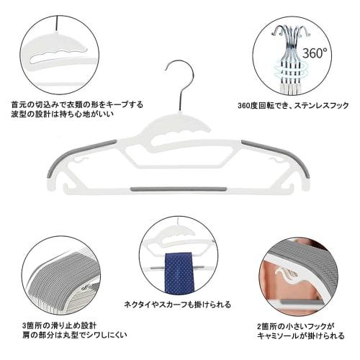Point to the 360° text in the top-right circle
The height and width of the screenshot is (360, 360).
click(x=314, y=53)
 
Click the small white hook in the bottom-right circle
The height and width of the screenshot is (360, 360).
click(x=287, y=277)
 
